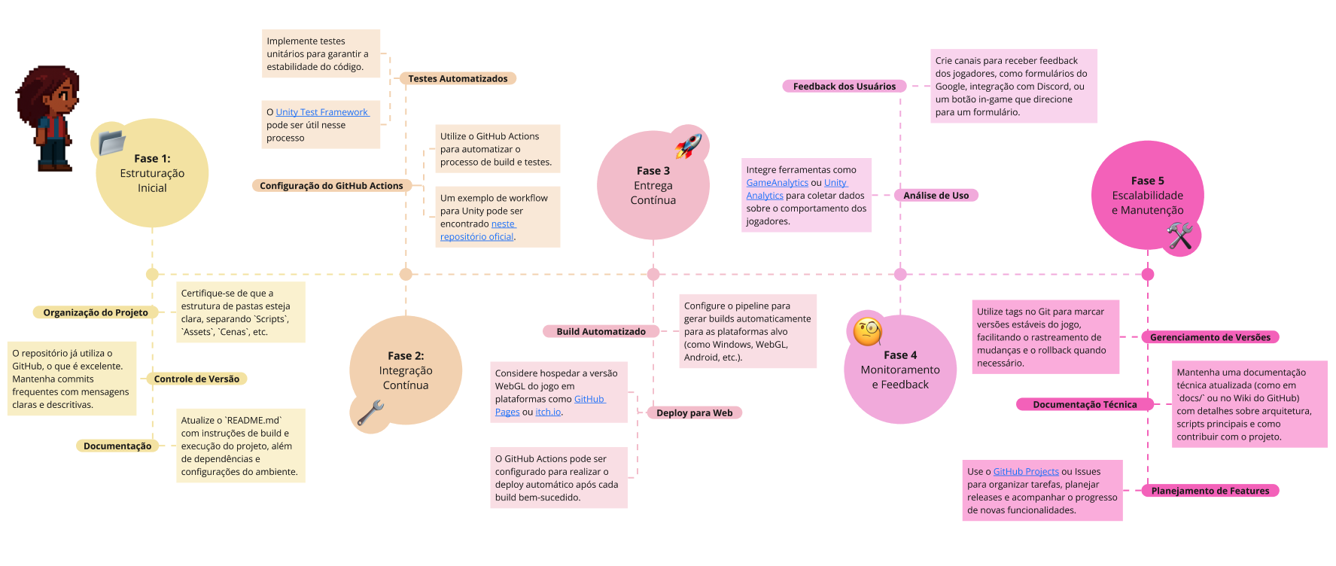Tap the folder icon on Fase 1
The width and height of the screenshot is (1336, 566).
pyautogui.click(x=111, y=141)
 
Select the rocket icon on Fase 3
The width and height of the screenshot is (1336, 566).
pyautogui.click(x=688, y=145)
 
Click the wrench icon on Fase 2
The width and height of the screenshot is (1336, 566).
pyautogui.click(x=370, y=412)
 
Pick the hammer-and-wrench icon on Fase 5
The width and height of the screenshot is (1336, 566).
pyautogui.click(x=1179, y=236)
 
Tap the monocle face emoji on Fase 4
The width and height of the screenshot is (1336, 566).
pyautogui.click(x=867, y=330)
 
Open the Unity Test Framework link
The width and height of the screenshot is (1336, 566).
pyautogui.click(x=321, y=112)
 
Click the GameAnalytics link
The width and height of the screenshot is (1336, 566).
pyautogui.click(x=777, y=183)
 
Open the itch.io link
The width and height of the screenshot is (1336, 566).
pyautogui.click(x=548, y=412)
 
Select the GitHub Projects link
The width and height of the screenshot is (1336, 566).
pyautogui.click(x=1025, y=472)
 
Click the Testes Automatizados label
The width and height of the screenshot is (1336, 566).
pyautogui.click(x=458, y=78)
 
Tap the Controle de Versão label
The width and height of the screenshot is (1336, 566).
pyautogui.click(x=196, y=379)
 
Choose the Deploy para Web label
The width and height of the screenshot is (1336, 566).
pyautogui.click(x=694, y=413)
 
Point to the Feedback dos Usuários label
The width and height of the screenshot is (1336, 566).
pyautogui.click(x=844, y=87)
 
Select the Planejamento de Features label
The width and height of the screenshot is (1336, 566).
pyautogui.click(x=1210, y=491)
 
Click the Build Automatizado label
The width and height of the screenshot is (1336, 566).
pyautogui.click(x=601, y=332)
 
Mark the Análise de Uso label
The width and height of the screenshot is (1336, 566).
pyautogui.click(x=936, y=196)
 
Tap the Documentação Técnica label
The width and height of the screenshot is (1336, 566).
pyautogui.click(x=1084, y=405)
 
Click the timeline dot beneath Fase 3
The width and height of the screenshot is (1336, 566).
pyautogui.click(x=653, y=274)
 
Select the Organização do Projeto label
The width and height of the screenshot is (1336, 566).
pyautogui.click(x=96, y=313)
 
